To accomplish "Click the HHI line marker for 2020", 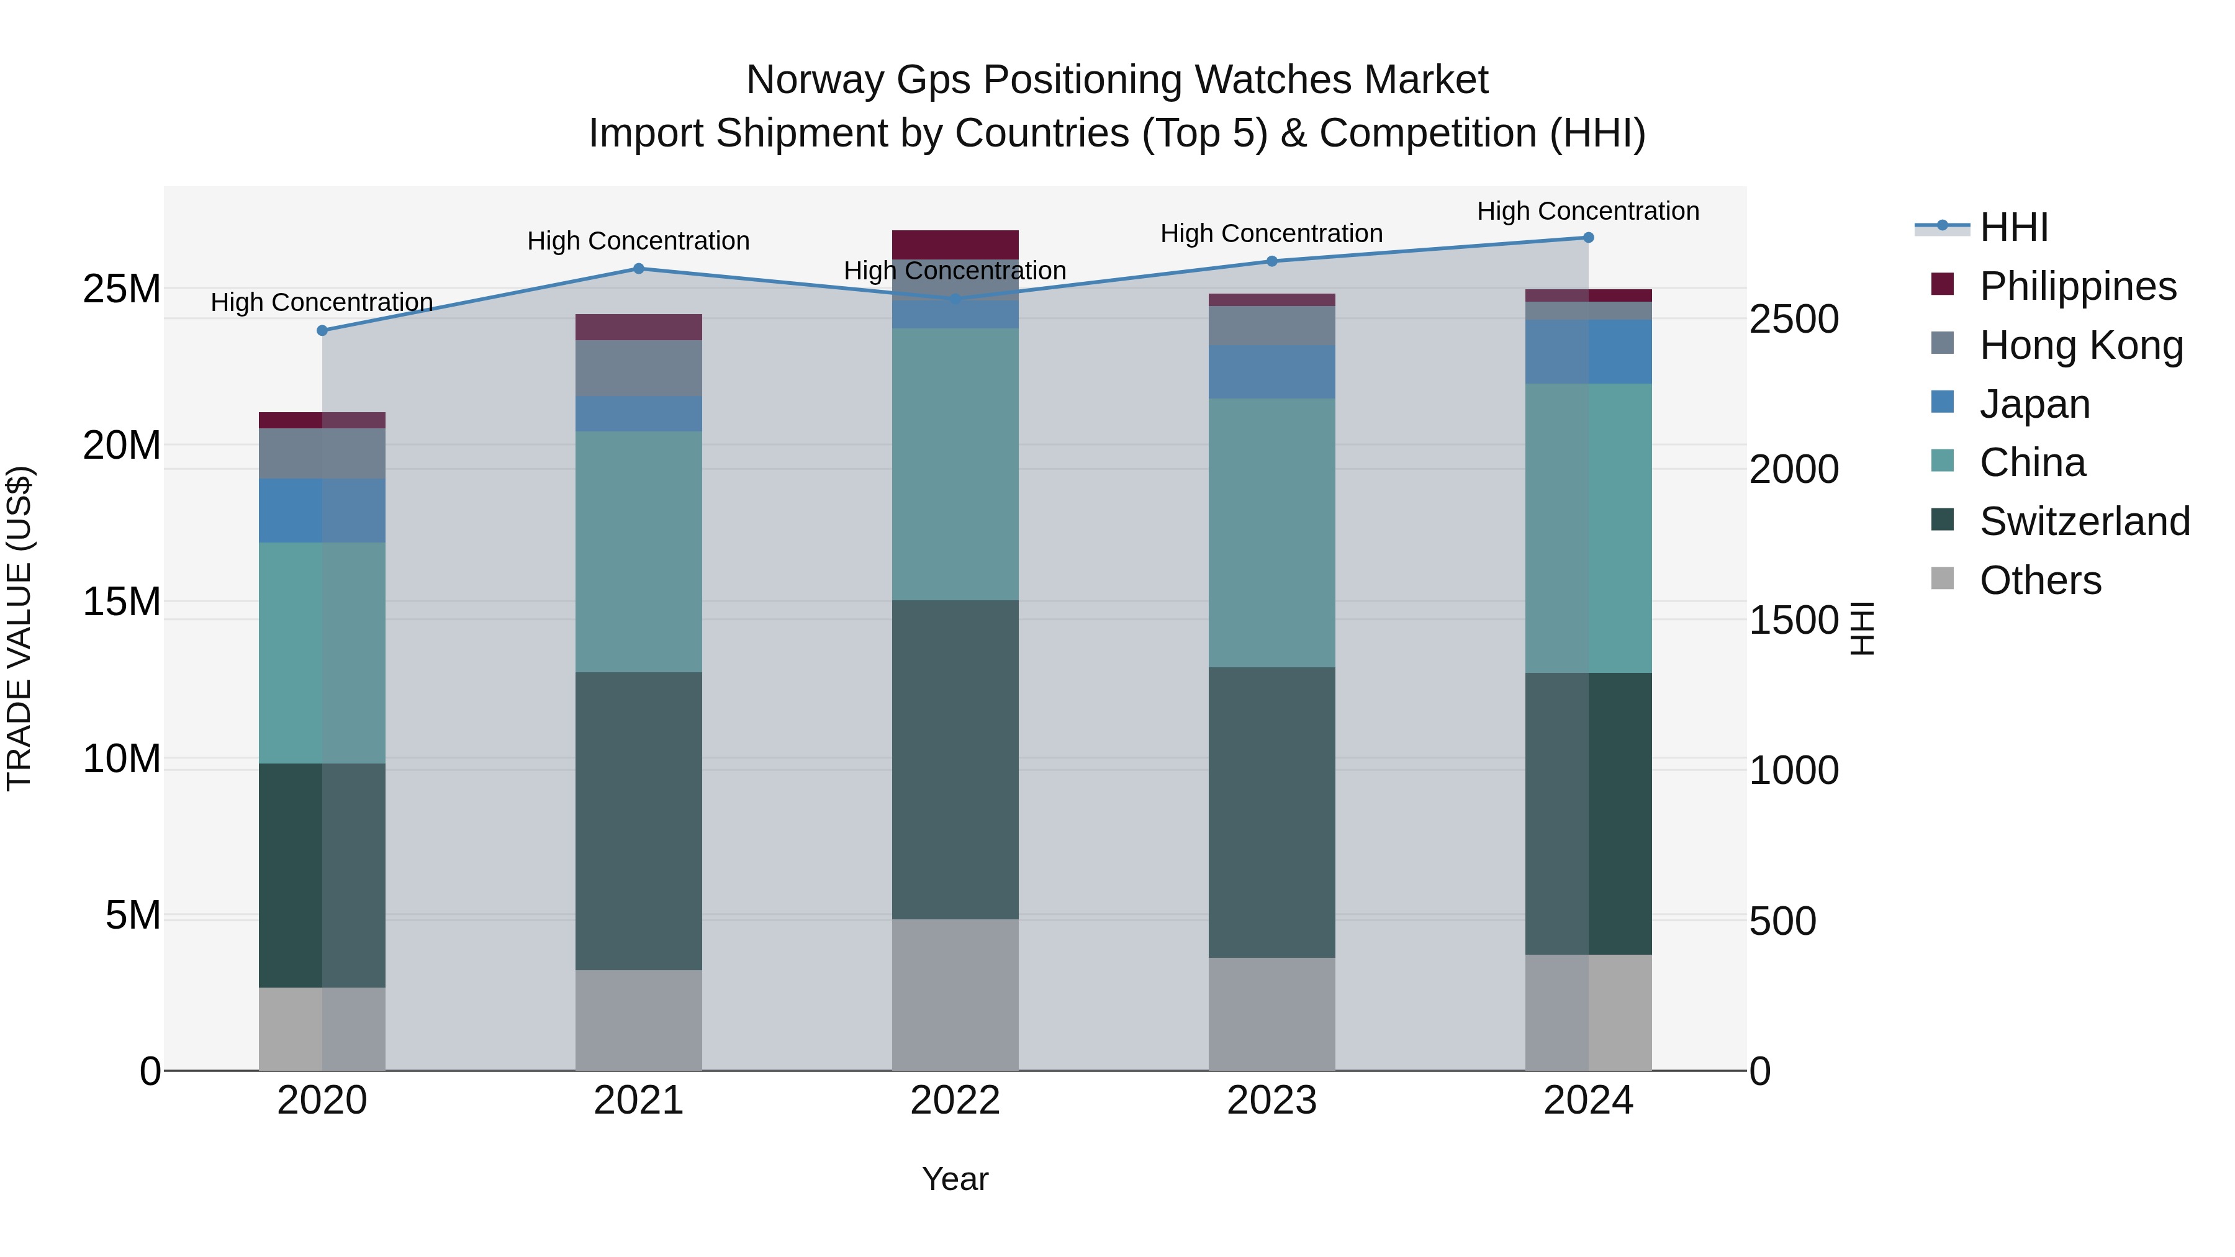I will point(322,330).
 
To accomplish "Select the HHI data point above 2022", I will point(955,299).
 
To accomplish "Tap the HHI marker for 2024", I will point(1589,238).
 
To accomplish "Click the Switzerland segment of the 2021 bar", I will point(639,821).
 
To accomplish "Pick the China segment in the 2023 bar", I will point(1272,533).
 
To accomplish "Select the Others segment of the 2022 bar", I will point(955,994).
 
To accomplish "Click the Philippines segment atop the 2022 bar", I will point(955,245).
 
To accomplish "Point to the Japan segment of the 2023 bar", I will point(1272,371).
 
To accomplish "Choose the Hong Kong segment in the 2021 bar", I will point(639,368).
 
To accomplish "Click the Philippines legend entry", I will point(2077,286).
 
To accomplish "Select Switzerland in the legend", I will point(2084,521).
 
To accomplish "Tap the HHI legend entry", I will point(2013,227).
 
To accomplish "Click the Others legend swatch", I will point(1943,579).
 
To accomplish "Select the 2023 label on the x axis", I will point(1272,1101).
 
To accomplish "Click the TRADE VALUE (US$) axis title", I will point(20,628).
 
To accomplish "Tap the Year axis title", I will point(955,1179).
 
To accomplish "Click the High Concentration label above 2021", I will point(639,241).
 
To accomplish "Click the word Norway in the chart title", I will point(816,81).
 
